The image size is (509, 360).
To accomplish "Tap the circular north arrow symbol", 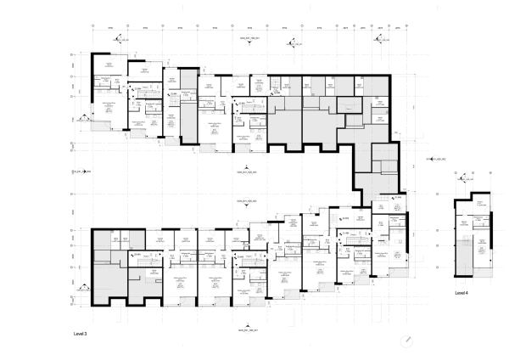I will click(406, 339).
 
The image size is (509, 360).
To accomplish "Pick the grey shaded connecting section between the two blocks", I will click(373, 170).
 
